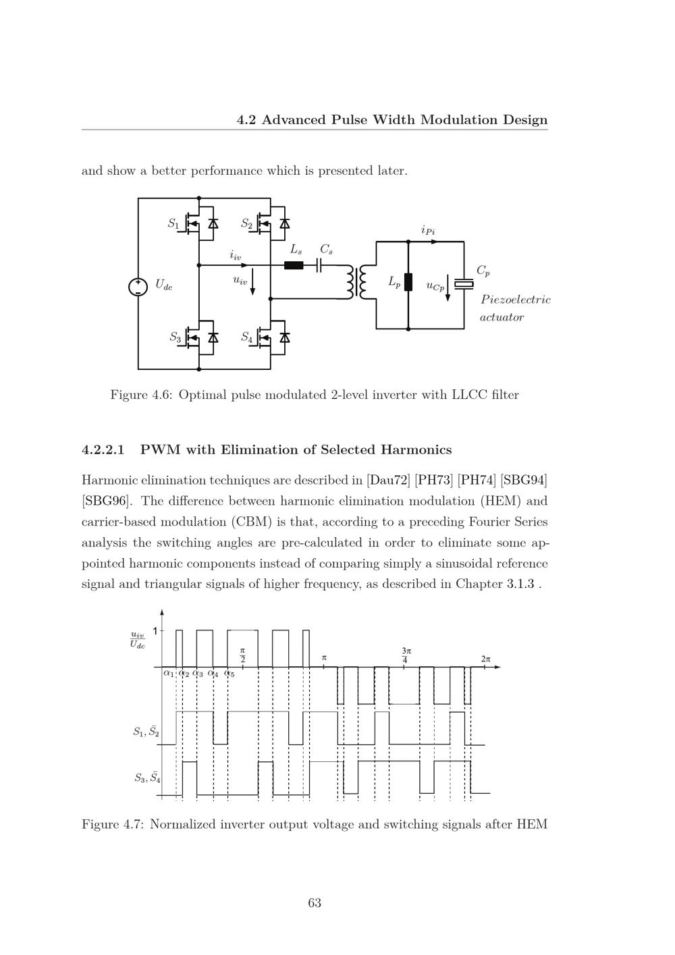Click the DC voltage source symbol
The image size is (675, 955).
[x=138, y=287]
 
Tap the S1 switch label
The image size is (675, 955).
[x=173, y=223]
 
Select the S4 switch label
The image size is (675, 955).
[x=247, y=337]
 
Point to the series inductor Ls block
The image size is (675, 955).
[x=294, y=265]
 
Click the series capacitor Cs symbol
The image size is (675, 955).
[x=319, y=265]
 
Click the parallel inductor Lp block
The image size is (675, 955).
[x=408, y=282]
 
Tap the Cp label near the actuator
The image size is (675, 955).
[x=483, y=271]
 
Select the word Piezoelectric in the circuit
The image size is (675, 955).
[x=515, y=300]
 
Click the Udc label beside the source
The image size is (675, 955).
[x=163, y=285]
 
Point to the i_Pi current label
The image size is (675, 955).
[x=428, y=231]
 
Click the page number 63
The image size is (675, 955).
[x=315, y=903]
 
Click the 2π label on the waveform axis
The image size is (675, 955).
[x=486, y=659]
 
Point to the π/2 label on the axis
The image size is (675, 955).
[x=242, y=655]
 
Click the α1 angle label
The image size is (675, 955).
[x=168, y=673]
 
